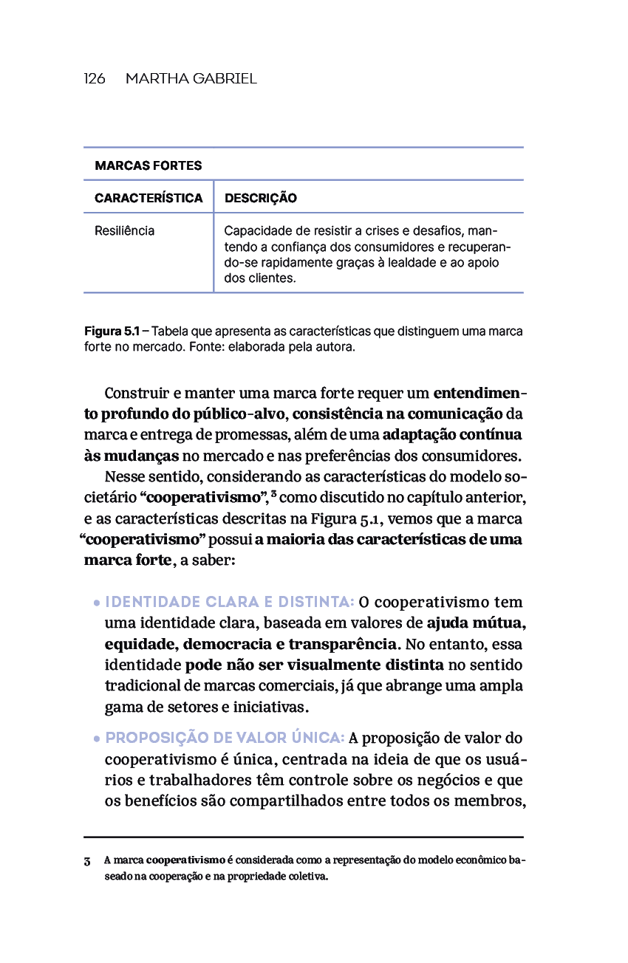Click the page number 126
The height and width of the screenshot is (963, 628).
point(95,78)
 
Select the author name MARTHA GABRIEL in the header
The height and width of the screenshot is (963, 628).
point(191,78)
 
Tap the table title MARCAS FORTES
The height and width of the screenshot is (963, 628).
point(148,165)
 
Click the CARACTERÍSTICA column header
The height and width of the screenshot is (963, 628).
point(148,198)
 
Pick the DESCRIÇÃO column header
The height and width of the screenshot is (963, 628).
point(260,198)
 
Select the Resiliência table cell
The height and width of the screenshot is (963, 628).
point(124,230)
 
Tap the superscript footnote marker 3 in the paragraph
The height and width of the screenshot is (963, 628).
point(273,493)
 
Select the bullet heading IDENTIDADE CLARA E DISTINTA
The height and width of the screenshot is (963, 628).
point(230,602)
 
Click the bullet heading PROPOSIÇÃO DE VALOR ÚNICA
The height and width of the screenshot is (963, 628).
point(225,738)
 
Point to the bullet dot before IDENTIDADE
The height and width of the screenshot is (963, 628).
point(97,603)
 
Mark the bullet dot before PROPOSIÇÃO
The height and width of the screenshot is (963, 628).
point(97,738)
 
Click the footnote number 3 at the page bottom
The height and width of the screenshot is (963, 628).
point(87,861)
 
